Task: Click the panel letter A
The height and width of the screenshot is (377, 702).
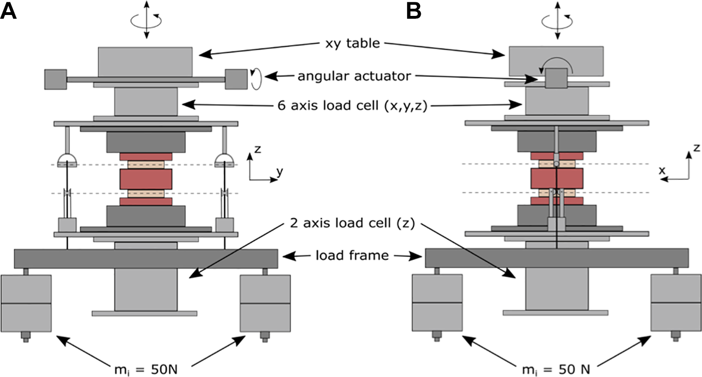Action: pyautogui.click(x=8, y=11)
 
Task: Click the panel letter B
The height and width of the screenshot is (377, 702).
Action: pyautogui.click(x=414, y=11)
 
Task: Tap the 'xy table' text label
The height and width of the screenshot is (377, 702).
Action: pyautogui.click(x=352, y=43)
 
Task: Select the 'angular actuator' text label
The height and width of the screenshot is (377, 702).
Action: pyautogui.click(x=354, y=76)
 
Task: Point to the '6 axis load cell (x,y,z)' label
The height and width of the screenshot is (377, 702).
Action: pyautogui.click(x=352, y=106)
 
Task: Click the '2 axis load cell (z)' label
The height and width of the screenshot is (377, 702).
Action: pyautogui.click(x=352, y=223)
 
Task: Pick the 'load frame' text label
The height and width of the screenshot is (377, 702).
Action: pyautogui.click(x=352, y=255)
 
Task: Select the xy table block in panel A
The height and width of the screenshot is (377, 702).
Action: pyautogui.click(x=146, y=62)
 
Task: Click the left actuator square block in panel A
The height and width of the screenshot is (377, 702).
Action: pyautogui.click(x=56, y=79)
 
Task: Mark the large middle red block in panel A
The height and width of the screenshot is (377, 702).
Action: pyautogui.click(x=146, y=179)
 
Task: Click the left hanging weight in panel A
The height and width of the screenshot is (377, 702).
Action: pyautogui.click(x=26, y=303)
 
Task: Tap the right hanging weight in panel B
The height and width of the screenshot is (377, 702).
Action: pyautogui.click(x=676, y=303)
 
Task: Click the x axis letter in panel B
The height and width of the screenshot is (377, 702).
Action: pyautogui.click(x=662, y=170)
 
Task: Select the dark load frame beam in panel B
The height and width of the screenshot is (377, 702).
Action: pyautogui.click(x=557, y=258)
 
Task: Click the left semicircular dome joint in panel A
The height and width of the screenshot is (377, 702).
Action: pyautogui.click(x=67, y=159)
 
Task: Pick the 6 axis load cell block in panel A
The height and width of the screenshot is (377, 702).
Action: pyautogui.click(x=146, y=102)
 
